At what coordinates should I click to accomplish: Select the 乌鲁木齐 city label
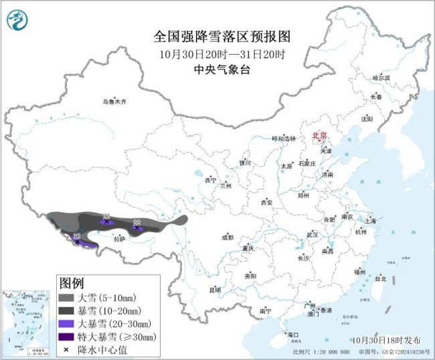tap(114, 102)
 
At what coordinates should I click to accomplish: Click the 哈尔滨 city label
tap(380, 78)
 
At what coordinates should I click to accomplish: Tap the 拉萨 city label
tap(119, 238)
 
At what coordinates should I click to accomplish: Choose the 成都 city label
tap(228, 238)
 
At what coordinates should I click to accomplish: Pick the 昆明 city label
tap(215, 289)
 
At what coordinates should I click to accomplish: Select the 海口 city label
tap(292, 334)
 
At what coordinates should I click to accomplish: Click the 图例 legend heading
tap(72, 281)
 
